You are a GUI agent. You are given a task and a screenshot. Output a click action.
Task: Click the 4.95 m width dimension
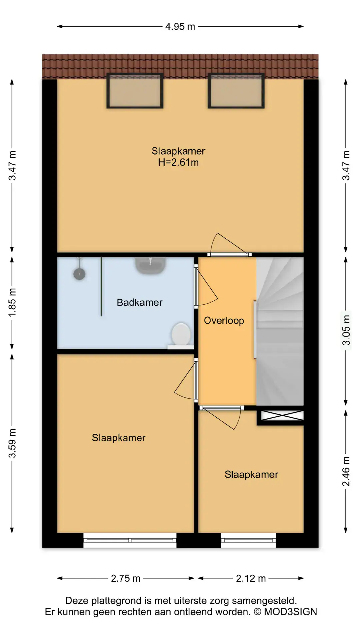[x=180, y=26]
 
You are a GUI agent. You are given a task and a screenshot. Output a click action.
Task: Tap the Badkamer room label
[x=140, y=302]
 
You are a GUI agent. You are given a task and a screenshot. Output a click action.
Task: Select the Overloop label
[x=224, y=321]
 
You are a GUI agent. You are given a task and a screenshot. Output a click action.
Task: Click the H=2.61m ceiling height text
[x=178, y=162]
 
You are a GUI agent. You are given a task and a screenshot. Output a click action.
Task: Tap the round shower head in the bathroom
[x=79, y=274]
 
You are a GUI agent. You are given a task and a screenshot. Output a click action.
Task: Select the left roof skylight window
[x=135, y=91]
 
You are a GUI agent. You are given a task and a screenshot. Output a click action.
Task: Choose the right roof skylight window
[x=236, y=91]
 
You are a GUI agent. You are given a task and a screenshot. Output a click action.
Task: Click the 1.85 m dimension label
[x=12, y=303]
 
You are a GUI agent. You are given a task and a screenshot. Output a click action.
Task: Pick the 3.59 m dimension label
[x=12, y=443]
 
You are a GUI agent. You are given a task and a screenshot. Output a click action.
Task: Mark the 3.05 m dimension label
[x=346, y=330]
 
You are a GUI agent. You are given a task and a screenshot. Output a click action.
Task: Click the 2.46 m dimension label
[x=346, y=471]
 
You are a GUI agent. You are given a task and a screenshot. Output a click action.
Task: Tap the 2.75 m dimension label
[x=125, y=578]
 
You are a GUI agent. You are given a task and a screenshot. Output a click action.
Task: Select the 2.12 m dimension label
[x=251, y=578]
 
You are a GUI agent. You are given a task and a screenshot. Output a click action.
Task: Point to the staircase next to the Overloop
[x=280, y=331]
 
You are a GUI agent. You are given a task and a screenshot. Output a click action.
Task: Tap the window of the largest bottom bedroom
[x=130, y=540]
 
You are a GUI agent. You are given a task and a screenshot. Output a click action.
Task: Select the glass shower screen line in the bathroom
[x=101, y=286]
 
